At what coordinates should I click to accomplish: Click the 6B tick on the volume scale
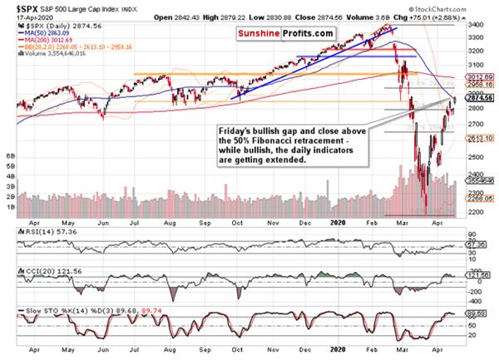pyautogui.click(x=11, y=155)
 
